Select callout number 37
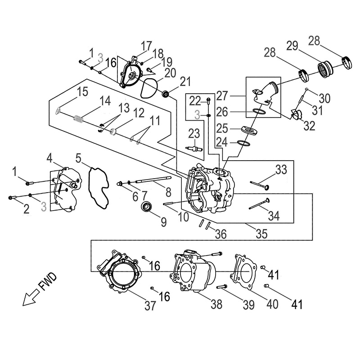[150, 306]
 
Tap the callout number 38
[216, 305]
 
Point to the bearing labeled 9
[146, 207]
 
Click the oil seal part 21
[166, 94]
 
